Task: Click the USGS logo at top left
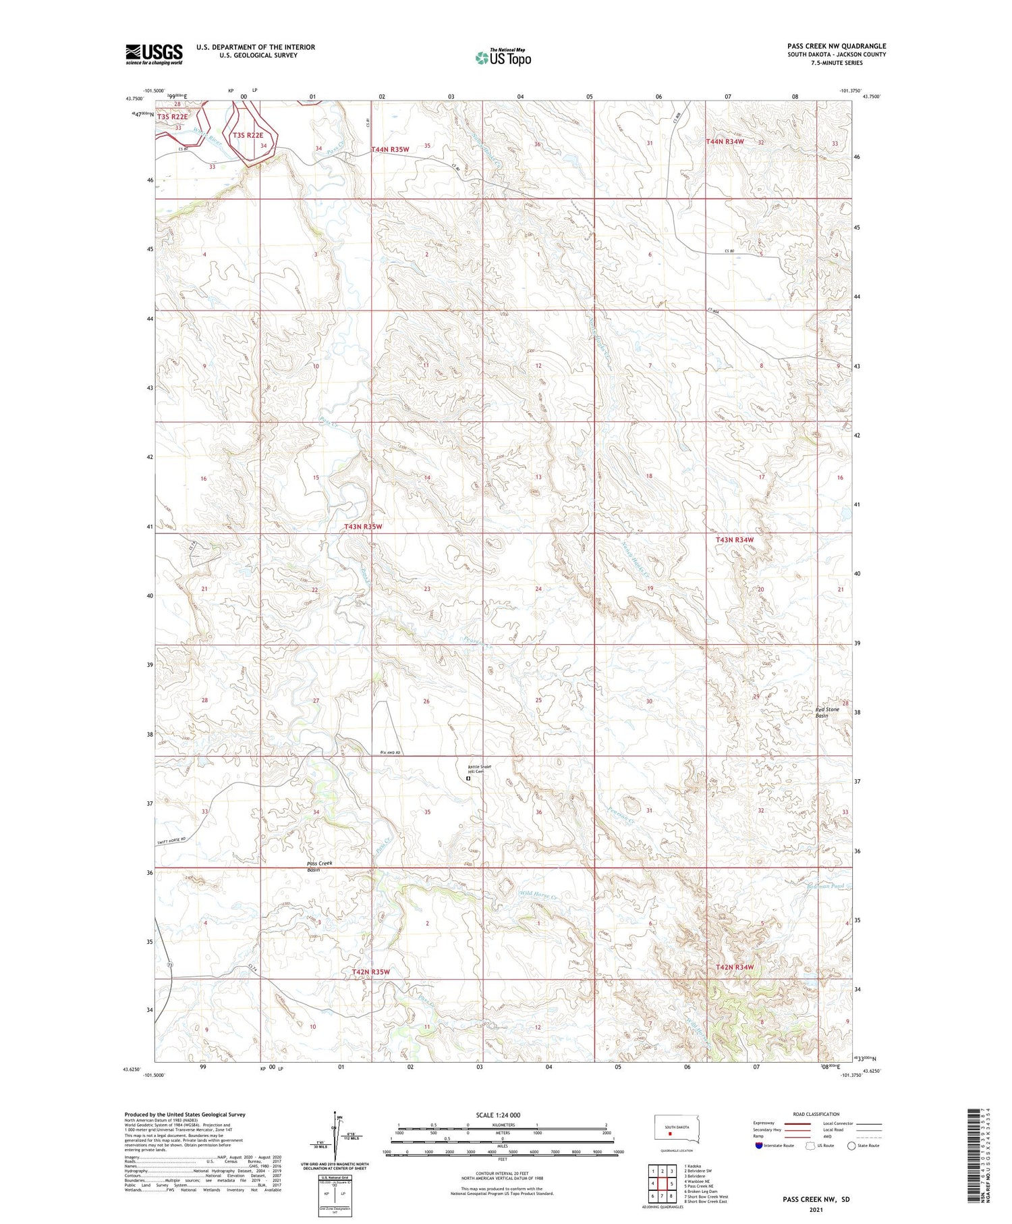154,54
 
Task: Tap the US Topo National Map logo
503,57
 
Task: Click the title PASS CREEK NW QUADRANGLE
837,46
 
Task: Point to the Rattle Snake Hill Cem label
480,769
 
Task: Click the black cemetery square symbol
468,778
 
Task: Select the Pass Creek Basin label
319,866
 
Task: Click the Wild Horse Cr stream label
538,895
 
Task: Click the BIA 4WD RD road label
391,753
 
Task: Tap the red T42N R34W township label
734,967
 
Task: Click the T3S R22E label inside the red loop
248,135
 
